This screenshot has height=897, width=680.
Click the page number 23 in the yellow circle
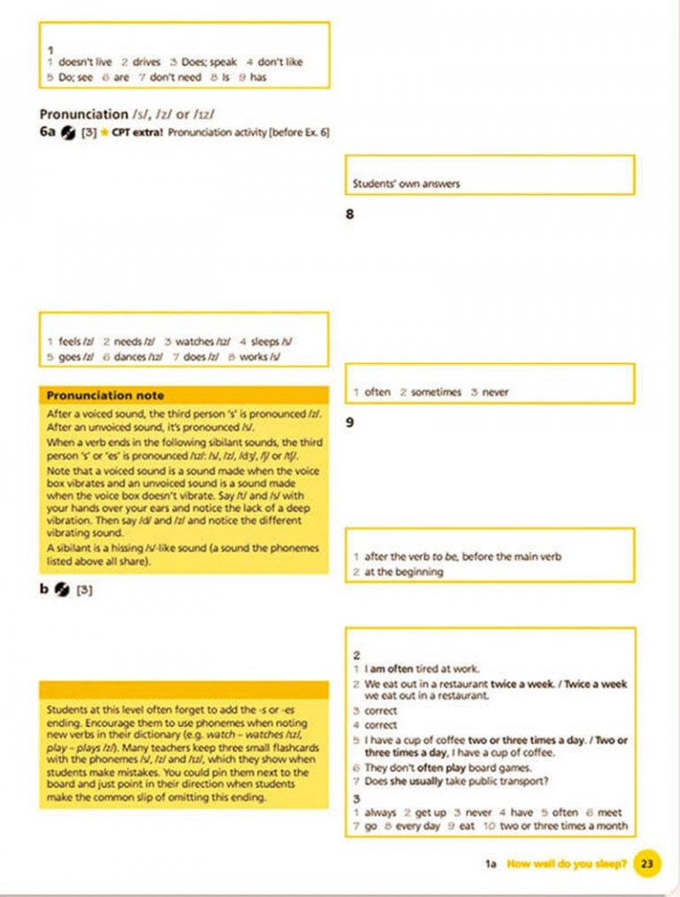click(647, 863)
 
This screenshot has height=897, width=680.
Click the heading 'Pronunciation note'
click(104, 395)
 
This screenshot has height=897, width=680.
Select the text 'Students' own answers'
click(406, 184)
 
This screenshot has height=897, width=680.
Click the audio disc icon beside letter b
click(62, 588)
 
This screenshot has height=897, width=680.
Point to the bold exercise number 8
click(350, 213)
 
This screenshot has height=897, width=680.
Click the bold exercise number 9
click(350, 422)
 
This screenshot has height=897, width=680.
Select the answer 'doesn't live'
click(85, 62)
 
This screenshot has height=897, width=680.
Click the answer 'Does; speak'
click(210, 62)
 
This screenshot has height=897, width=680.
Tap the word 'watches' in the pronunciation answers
click(194, 341)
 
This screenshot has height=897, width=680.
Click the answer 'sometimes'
click(436, 391)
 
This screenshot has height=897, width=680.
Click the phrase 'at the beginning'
click(404, 572)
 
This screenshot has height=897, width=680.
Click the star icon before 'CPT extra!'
click(105, 133)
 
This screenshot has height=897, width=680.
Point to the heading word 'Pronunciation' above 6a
click(84, 114)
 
